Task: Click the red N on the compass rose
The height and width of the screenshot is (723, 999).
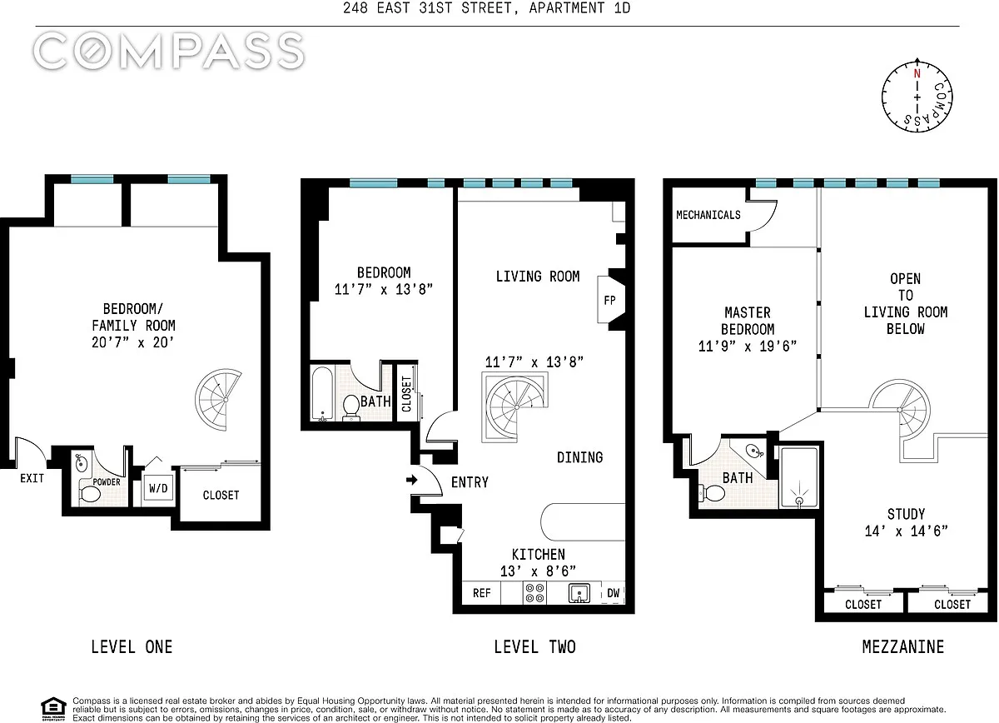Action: tap(917, 73)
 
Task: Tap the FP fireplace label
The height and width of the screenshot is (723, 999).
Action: tap(609, 300)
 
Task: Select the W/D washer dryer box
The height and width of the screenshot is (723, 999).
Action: tap(158, 488)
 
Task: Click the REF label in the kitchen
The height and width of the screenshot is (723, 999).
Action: tap(482, 593)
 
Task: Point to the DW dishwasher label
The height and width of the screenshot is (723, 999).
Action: tap(614, 593)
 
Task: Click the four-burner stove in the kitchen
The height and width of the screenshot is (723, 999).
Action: tap(534, 593)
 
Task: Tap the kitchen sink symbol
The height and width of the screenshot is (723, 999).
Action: tap(579, 593)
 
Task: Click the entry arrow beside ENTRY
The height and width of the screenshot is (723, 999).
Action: tap(411, 480)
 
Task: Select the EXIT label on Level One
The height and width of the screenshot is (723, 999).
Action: tap(32, 478)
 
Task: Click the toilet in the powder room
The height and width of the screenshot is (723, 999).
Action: tap(90, 494)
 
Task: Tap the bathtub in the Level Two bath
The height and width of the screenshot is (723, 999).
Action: tap(322, 394)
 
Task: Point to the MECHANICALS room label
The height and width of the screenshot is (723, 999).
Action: tap(708, 215)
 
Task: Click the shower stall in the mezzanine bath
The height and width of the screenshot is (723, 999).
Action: tap(799, 477)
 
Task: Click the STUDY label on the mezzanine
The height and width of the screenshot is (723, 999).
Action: tap(906, 514)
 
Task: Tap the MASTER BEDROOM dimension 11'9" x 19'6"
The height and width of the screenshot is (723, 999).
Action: tap(748, 346)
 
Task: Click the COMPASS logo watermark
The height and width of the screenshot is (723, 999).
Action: tap(168, 51)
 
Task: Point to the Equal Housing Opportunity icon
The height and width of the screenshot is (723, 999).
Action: tap(53, 709)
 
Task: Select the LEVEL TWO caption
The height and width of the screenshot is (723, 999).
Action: tap(534, 646)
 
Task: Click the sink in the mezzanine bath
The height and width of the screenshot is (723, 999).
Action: tap(753, 451)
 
